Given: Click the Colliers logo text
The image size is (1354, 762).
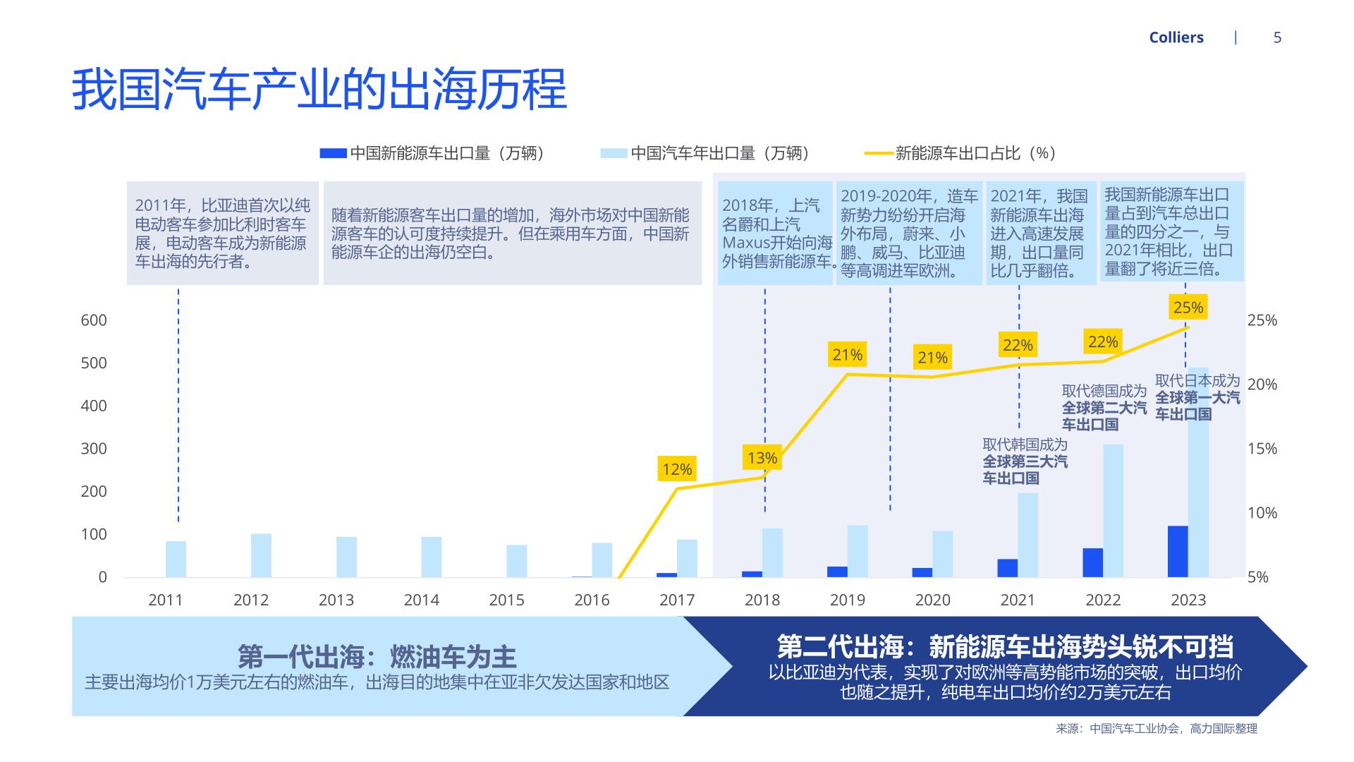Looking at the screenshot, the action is tap(1176, 37).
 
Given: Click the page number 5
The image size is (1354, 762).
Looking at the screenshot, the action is tap(1277, 37).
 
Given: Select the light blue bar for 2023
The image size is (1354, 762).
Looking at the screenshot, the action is tap(1198, 472).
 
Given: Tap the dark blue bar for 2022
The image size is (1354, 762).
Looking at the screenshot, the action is tap(1092, 562).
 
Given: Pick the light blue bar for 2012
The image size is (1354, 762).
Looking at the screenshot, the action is tap(261, 555).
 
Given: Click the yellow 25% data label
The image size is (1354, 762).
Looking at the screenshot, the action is tap(1188, 307).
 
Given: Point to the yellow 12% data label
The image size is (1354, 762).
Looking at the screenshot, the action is tap(677, 469).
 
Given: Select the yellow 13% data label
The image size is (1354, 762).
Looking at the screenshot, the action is tap(762, 458).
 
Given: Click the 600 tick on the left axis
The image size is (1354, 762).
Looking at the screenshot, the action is tap(94, 320).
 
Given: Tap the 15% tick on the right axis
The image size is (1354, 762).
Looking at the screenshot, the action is tap(1262, 449).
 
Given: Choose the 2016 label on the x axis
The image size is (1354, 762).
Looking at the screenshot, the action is tap(592, 600).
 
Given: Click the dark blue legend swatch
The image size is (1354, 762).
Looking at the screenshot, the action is tap(333, 153).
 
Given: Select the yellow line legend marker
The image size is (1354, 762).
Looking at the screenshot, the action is tap(879, 153).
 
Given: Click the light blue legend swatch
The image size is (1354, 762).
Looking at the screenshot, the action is tap(614, 153).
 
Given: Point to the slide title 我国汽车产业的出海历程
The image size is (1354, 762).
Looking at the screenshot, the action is tap(319, 90).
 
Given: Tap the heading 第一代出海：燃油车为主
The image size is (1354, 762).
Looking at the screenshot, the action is tap(377, 657).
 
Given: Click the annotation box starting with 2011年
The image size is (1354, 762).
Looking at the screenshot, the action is tap(223, 233).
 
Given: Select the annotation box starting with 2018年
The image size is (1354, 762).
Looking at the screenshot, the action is tap(776, 233).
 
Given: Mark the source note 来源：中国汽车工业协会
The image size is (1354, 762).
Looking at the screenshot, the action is tap(1157, 728).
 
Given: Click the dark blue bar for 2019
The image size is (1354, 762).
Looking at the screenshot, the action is tap(837, 571).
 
